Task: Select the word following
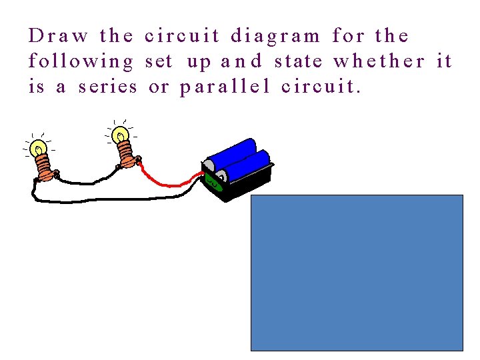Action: click(x=81, y=62)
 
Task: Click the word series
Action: click(x=107, y=87)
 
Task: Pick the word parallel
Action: click(x=224, y=87)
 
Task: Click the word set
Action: click(x=158, y=62)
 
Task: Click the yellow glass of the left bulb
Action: click(x=39, y=148)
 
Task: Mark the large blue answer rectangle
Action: click(x=357, y=272)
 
